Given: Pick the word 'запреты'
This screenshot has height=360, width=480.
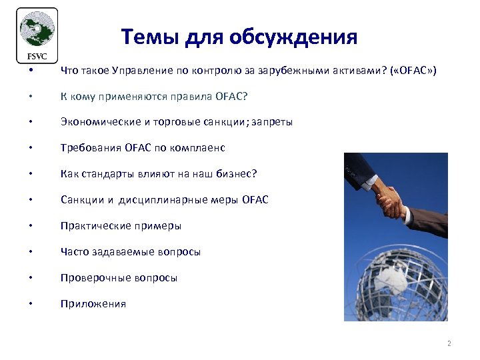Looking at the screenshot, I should click(x=271, y=122).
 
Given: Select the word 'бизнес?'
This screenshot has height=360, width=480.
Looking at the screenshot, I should click(x=237, y=174).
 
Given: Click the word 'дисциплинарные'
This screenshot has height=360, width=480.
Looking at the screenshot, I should click(x=165, y=200).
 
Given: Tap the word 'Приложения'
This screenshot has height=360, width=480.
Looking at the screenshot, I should click(x=93, y=304).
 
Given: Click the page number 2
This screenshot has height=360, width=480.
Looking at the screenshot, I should click(x=449, y=344).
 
